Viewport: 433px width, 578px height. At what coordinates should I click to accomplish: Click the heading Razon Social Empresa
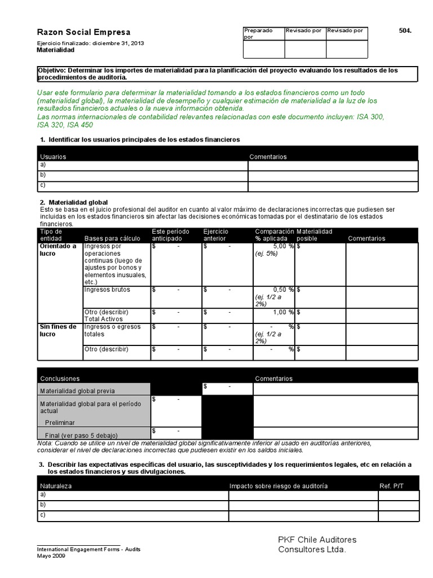tap(83, 32)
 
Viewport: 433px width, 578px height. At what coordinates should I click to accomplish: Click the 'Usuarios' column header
tap(53, 156)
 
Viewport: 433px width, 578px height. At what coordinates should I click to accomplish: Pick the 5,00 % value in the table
tap(284, 247)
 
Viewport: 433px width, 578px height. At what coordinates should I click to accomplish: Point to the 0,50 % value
tap(284, 290)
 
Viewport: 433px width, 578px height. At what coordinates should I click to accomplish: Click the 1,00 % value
tap(284, 312)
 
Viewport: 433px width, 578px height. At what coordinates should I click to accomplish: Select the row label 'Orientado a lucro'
tap(58, 250)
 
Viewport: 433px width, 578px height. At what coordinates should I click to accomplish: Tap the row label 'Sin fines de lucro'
tap(58, 330)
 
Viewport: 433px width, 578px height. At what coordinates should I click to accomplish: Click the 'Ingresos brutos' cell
tap(107, 290)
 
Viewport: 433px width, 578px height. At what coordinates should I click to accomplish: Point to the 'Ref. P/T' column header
tap(391, 486)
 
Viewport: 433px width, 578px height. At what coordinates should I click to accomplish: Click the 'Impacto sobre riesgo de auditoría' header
tap(279, 486)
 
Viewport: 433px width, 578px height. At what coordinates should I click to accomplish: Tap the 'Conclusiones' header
tap(59, 379)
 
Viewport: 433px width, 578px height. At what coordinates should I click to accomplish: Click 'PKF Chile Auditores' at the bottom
tap(317, 540)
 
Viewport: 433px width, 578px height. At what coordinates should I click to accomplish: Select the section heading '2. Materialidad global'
tap(73, 202)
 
